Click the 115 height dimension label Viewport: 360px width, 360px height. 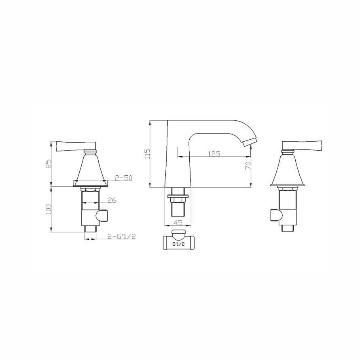pyautogui.click(x=148, y=154)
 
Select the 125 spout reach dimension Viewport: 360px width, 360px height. pyautogui.click(x=214, y=153)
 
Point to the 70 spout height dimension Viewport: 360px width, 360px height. pyautogui.click(x=248, y=165)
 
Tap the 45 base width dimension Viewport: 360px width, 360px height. pyautogui.click(x=178, y=222)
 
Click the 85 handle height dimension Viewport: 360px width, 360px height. pyautogui.click(x=48, y=164)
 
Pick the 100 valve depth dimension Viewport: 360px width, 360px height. pyautogui.click(x=48, y=209)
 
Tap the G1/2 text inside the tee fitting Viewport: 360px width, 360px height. pyautogui.click(x=179, y=245)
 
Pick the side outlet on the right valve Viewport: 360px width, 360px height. pyautogui.click(x=275, y=216)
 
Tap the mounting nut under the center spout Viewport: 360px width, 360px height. pyautogui.click(x=178, y=198)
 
